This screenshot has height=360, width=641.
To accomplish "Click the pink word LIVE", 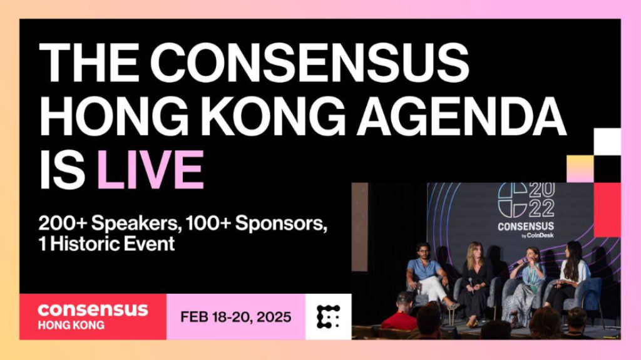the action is (x=150, y=170).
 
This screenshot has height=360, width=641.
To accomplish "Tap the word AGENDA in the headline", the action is (x=462, y=116).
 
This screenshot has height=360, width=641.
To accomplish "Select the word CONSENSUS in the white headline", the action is (x=309, y=63).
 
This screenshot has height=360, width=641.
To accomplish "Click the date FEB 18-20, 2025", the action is (x=236, y=317).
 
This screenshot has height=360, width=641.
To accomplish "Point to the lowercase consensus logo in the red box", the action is (x=93, y=310).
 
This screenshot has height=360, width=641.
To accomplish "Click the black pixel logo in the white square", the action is (x=328, y=317).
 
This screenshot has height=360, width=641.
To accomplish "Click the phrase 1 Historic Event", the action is (x=106, y=244).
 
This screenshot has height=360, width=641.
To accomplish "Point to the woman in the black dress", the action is (x=474, y=282).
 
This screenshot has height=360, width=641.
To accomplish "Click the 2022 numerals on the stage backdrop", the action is (x=541, y=200).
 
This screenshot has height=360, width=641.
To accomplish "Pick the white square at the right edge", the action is (x=607, y=141).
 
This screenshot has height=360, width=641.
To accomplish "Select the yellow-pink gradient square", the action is (x=580, y=168).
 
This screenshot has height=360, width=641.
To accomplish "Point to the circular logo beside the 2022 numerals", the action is (x=512, y=200).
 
